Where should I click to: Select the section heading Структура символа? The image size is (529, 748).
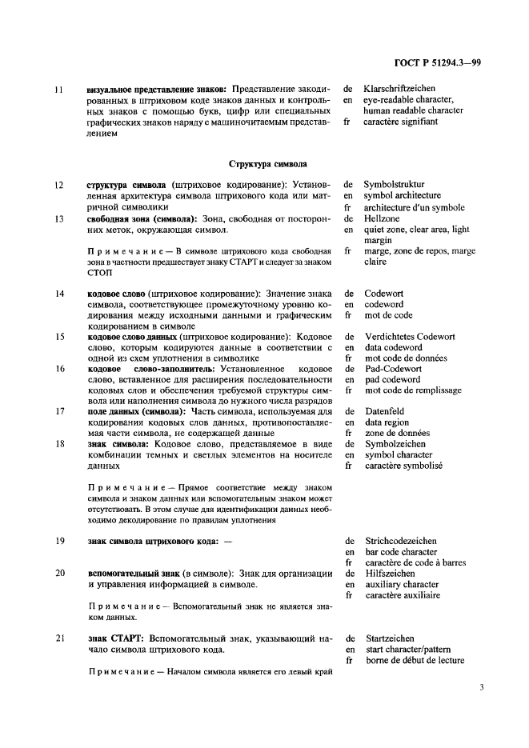coord(267,163)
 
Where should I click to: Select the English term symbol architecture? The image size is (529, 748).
coord(402,195)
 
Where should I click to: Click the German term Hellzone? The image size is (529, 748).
coord(382,218)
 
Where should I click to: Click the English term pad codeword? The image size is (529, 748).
coord(392,379)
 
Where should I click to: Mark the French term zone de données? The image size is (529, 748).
coord(397,433)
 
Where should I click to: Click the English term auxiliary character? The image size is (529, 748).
coord(401,584)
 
